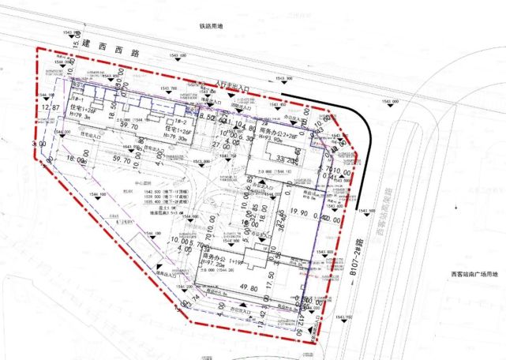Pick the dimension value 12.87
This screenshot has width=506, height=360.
click(x=51, y=107)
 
